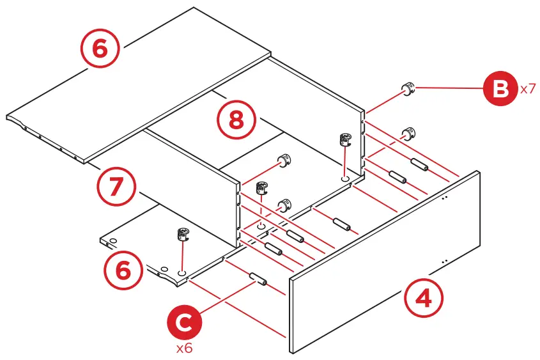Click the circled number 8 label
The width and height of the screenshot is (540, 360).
(x=236, y=120)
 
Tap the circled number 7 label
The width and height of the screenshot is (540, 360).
(x=117, y=187)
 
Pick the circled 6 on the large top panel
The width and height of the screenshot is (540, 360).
(x=101, y=49)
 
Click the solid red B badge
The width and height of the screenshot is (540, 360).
(x=499, y=89)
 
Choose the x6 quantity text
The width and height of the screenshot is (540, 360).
(x=185, y=349)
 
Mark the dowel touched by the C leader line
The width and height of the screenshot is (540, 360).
(x=258, y=279)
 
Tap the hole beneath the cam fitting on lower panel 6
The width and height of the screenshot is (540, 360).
(x=181, y=272)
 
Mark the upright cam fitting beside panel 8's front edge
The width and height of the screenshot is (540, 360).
(x=345, y=139)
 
